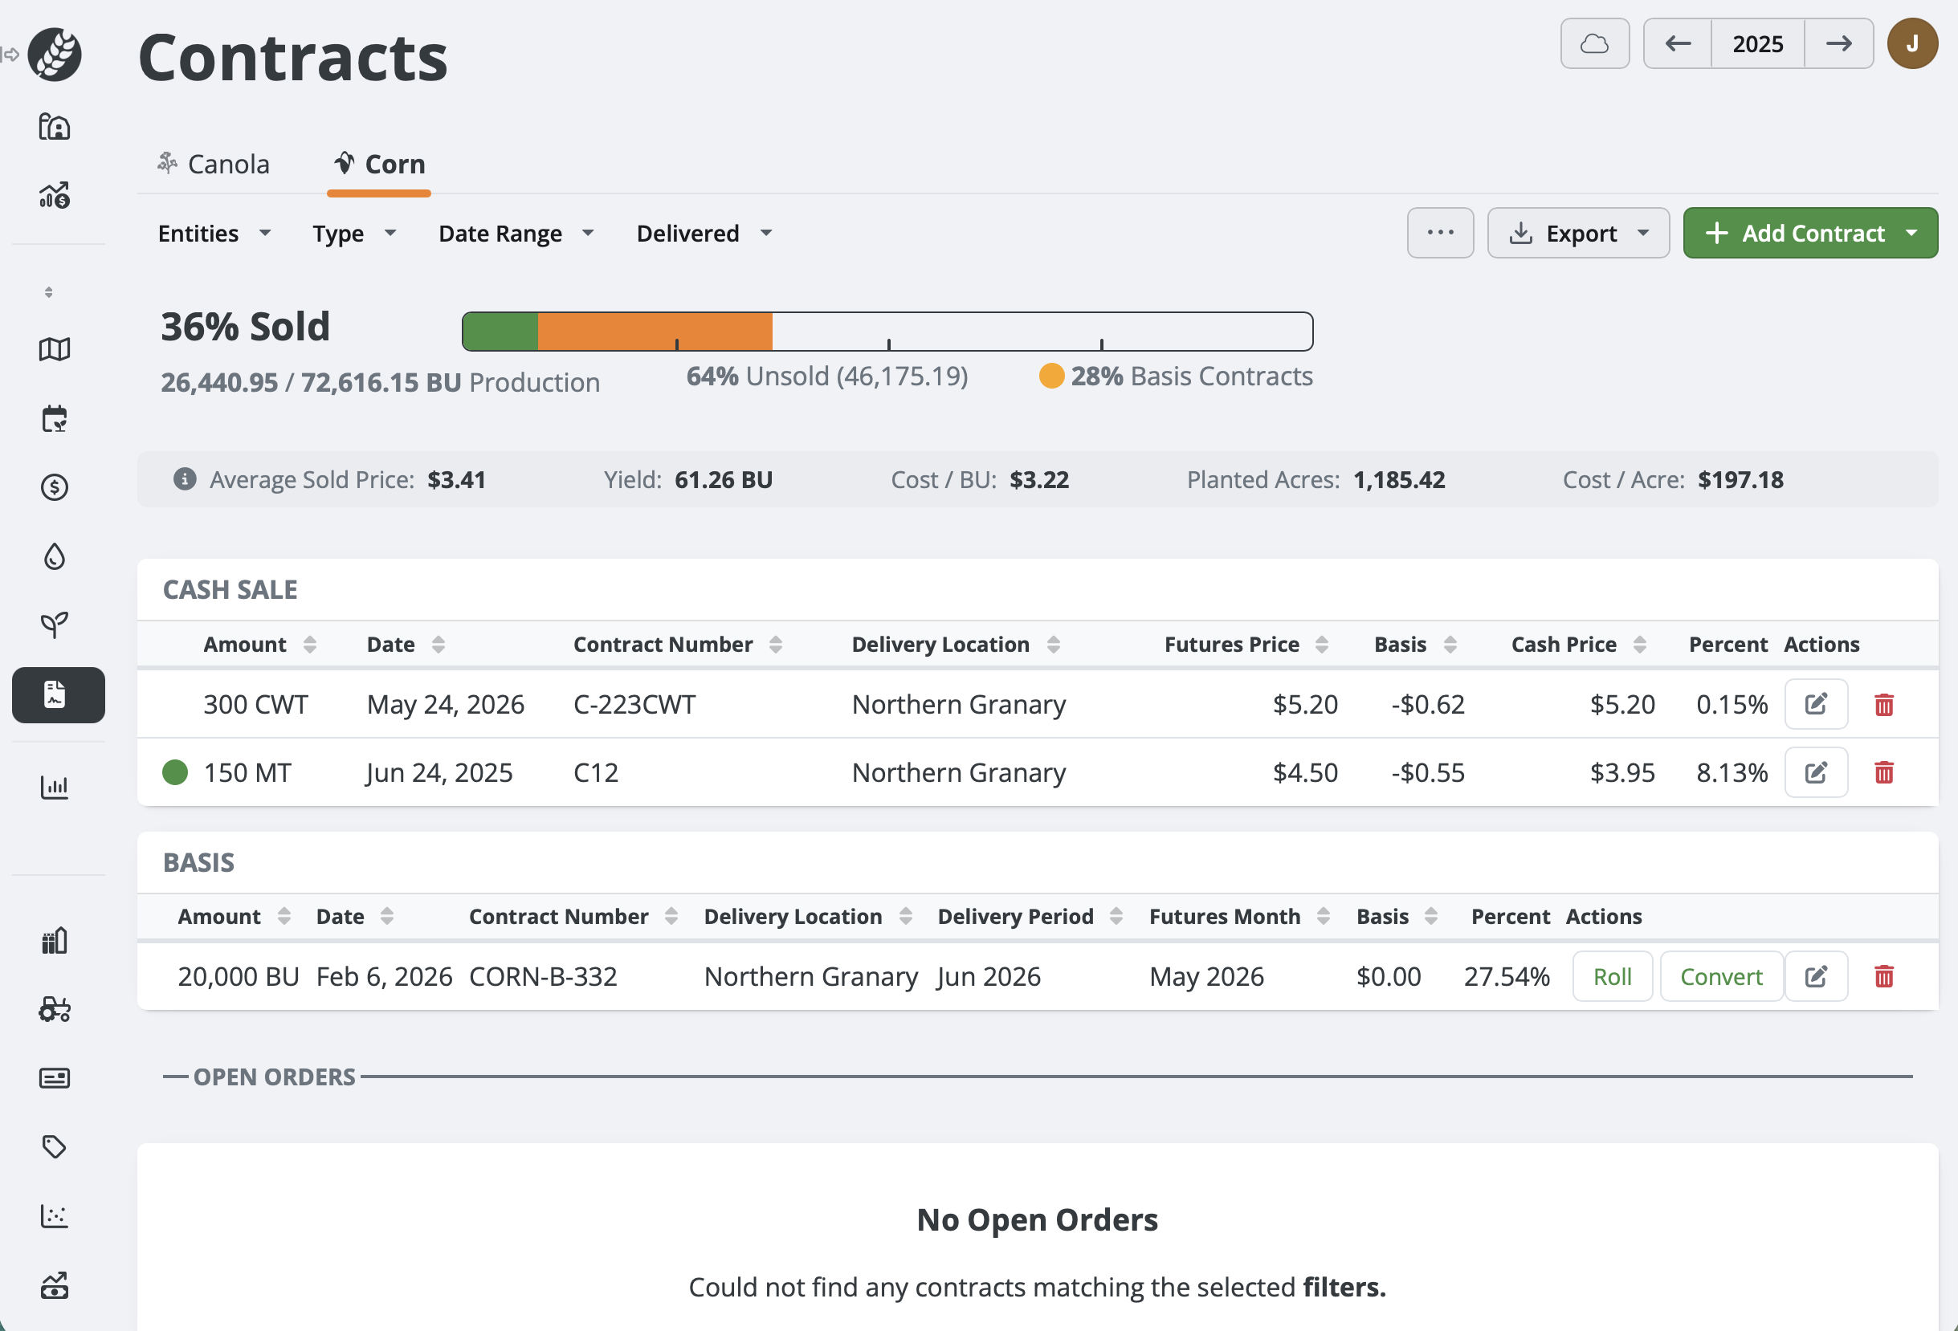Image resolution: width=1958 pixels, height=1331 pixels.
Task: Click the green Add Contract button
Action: tap(1809, 234)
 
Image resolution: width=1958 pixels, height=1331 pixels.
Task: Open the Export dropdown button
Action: tap(1577, 234)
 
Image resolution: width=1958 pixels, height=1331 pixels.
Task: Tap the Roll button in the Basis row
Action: tap(1611, 976)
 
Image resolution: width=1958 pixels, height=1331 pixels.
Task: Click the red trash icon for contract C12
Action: tap(1883, 772)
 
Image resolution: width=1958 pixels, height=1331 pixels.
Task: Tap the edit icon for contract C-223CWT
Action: tap(1815, 704)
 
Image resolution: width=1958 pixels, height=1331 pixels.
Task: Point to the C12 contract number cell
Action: tap(596, 772)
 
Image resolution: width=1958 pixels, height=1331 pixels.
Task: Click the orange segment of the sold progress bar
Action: tap(655, 331)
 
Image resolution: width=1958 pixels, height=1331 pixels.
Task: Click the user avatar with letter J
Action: tap(1911, 44)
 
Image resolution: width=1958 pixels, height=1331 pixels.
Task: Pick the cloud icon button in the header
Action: tap(1594, 44)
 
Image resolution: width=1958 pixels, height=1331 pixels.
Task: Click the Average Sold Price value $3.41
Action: tap(456, 479)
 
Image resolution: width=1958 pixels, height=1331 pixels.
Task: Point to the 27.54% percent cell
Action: tap(1506, 976)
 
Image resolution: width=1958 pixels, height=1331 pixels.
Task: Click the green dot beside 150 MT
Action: tap(175, 772)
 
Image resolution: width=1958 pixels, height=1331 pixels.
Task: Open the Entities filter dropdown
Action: tap(214, 234)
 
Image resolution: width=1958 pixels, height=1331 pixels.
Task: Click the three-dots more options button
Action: tap(1439, 234)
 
